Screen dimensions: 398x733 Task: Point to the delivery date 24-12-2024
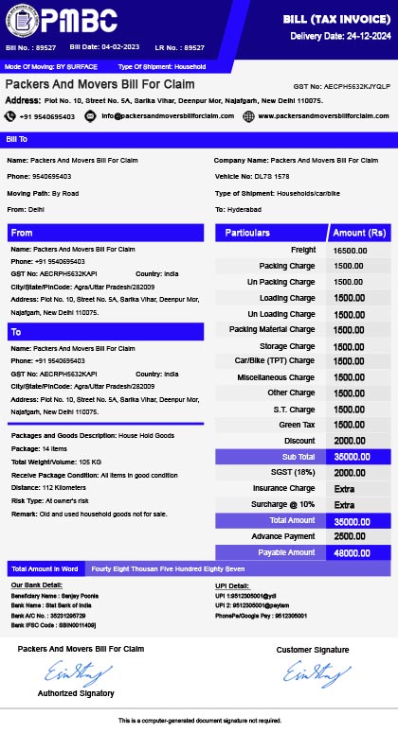[x=361, y=35]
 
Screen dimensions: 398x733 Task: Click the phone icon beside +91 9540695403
[x=10, y=115]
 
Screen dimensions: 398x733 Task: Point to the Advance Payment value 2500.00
[x=350, y=536]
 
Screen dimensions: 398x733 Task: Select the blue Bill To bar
[x=199, y=139]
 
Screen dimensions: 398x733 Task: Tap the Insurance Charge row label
[x=284, y=489]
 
